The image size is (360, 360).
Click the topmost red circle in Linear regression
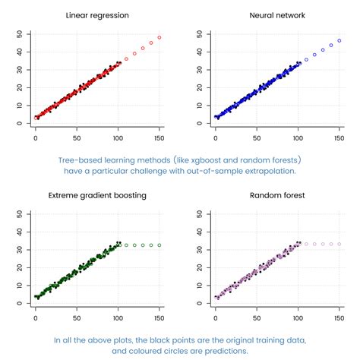159,37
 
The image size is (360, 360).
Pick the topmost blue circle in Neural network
339,40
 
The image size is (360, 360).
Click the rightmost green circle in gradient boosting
159,245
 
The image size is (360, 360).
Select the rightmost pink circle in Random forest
339,244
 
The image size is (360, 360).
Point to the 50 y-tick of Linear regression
19,34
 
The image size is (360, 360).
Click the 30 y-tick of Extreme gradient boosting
19,250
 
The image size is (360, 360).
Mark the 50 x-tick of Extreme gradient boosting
77,312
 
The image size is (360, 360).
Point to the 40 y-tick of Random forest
199,232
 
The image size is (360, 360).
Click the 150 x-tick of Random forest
339,312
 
